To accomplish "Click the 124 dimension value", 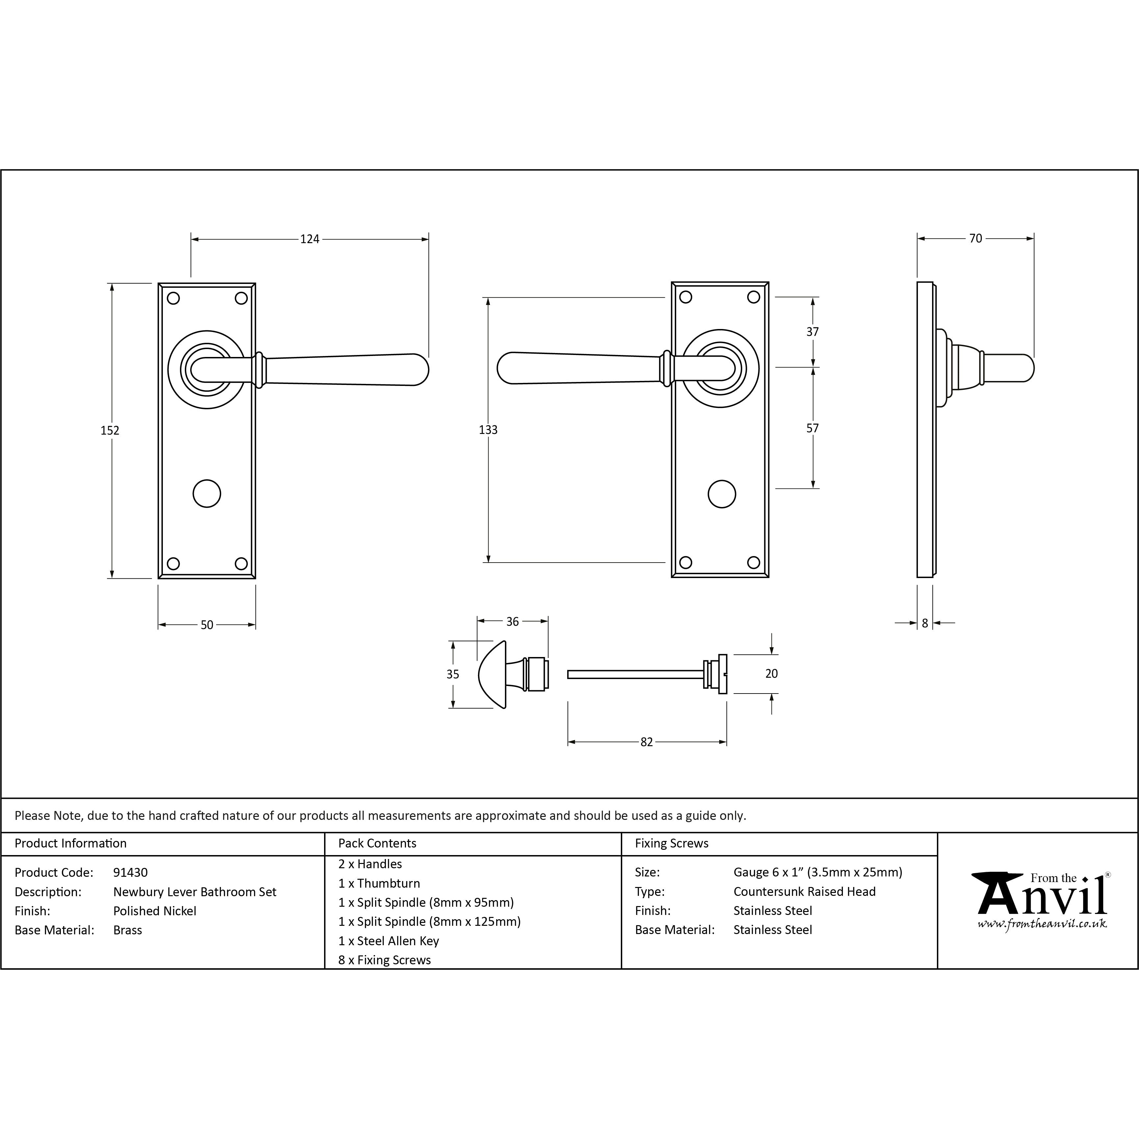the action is (x=310, y=239).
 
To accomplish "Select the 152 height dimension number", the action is (x=110, y=430).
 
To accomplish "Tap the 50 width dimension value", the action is (x=207, y=625).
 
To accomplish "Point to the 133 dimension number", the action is (x=488, y=430).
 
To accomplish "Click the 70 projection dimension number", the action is (x=976, y=238).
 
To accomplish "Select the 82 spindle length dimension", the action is (x=647, y=742).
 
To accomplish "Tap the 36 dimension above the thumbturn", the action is (x=512, y=621).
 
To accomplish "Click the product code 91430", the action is (x=130, y=873).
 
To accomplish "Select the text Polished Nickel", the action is (x=154, y=911).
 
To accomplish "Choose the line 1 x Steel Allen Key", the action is (x=389, y=941).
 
